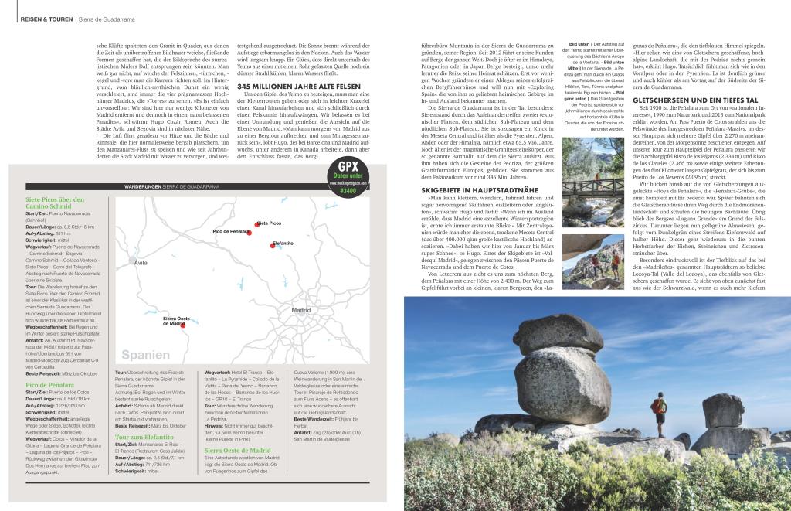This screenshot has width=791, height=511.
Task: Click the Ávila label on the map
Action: (141, 263)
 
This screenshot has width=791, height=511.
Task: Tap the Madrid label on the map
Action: (301, 310)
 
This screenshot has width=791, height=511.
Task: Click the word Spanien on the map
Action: (146, 355)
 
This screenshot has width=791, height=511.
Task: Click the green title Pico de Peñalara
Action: (50, 384)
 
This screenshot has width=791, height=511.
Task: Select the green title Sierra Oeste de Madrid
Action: (237, 449)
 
